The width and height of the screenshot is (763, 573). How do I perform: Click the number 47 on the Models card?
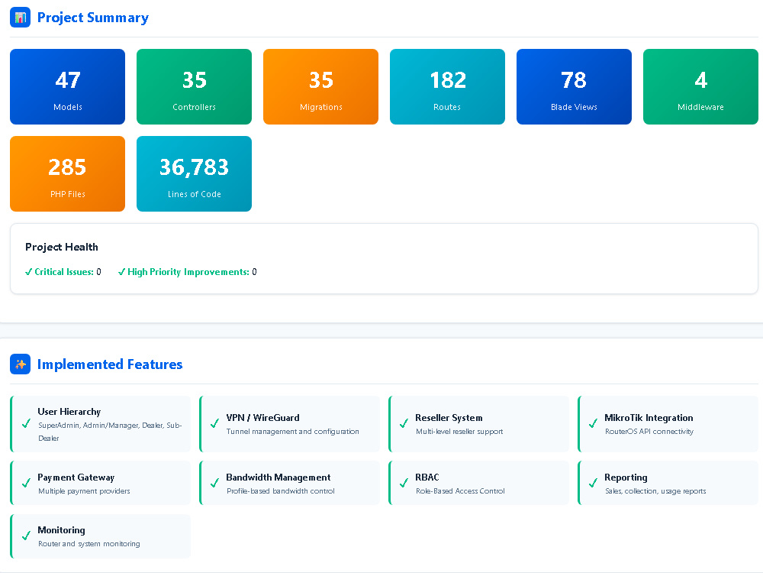pos(68,80)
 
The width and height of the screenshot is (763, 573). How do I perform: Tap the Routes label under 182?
pos(447,107)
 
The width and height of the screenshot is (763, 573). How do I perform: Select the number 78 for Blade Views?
pos(574,80)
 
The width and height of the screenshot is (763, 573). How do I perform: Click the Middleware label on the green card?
pos(700,107)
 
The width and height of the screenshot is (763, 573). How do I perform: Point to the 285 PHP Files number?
pos(67,167)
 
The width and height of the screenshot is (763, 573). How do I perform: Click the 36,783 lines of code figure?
pos(194,167)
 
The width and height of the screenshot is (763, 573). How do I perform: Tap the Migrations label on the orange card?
pos(321,107)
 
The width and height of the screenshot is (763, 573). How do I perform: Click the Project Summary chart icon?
pos(20,18)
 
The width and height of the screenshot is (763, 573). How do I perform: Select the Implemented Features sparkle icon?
pos(20,364)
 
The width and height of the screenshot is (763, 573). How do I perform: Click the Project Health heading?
pos(62,247)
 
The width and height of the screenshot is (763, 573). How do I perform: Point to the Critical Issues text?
pos(64,272)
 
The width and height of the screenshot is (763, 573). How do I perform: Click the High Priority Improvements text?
pos(188,272)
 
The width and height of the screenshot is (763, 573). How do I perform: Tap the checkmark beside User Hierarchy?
pos(26,424)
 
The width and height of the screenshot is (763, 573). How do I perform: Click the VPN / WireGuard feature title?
pos(262,418)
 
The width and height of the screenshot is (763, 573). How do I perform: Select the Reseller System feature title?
pos(449,418)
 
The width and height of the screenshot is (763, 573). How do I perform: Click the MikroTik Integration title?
pos(649,418)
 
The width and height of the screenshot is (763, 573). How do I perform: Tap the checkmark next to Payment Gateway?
pos(26,483)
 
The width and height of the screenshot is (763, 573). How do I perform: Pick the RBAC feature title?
pos(427,477)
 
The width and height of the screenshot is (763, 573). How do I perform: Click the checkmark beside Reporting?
pos(593,483)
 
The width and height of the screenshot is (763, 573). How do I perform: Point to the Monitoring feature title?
pos(61,530)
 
